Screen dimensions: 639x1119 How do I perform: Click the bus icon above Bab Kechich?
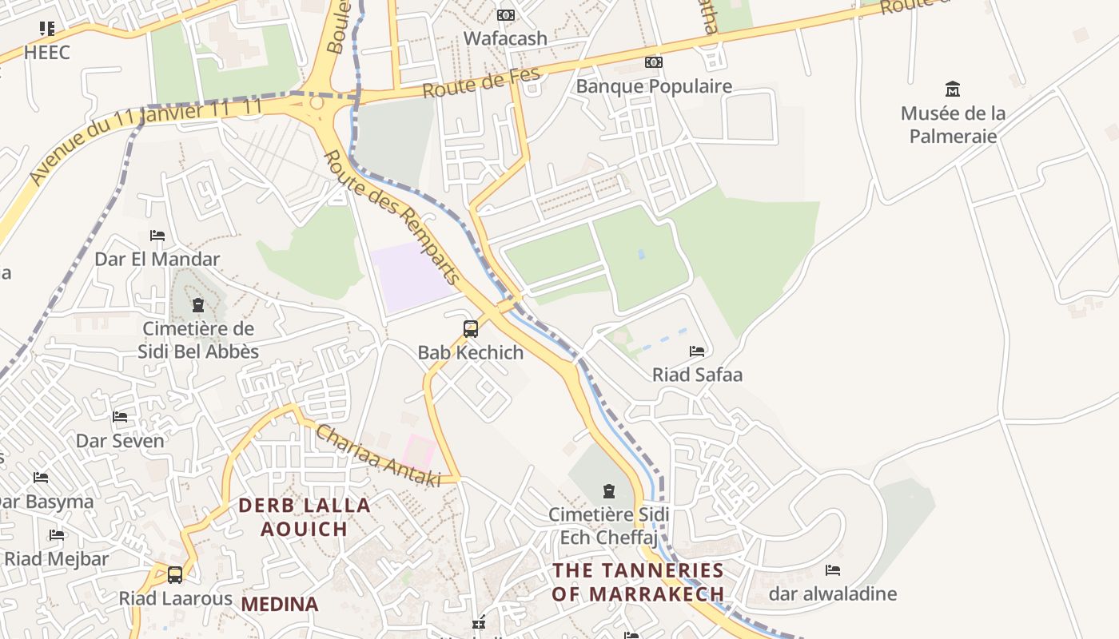[x=471, y=328]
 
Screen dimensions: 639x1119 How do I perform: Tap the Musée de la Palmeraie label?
[x=953, y=125]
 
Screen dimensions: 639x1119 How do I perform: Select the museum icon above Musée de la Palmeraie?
[x=952, y=89]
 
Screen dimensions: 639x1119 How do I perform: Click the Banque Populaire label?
[x=654, y=86]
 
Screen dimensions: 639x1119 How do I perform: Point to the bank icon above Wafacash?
[x=506, y=15]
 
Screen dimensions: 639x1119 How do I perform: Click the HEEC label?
[x=46, y=53]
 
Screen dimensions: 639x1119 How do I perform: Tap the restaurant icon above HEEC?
[x=46, y=29]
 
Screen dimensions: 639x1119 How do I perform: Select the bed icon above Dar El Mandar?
[x=157, y=236]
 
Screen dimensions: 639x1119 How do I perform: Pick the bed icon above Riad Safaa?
[x=697, y=351]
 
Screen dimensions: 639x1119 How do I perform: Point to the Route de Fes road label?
[x=481, y=83]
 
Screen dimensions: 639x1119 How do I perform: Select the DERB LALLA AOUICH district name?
[x=305, y=517]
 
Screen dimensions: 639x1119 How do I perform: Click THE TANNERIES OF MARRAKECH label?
[x=638, y=582]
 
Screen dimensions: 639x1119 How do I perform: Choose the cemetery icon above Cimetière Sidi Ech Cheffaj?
[x=609, y=490]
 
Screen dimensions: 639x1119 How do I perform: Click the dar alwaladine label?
[x=832, y=593]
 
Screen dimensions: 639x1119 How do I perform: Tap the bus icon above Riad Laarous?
[x=175, y=574]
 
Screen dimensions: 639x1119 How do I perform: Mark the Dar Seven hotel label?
[x=120, y=441]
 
